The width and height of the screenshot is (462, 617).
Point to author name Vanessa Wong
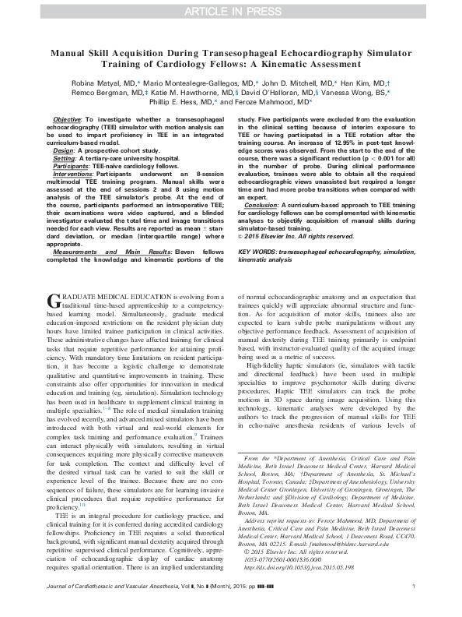[x=358, y=91]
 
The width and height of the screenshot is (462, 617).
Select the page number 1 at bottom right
[x=412, y=608]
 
